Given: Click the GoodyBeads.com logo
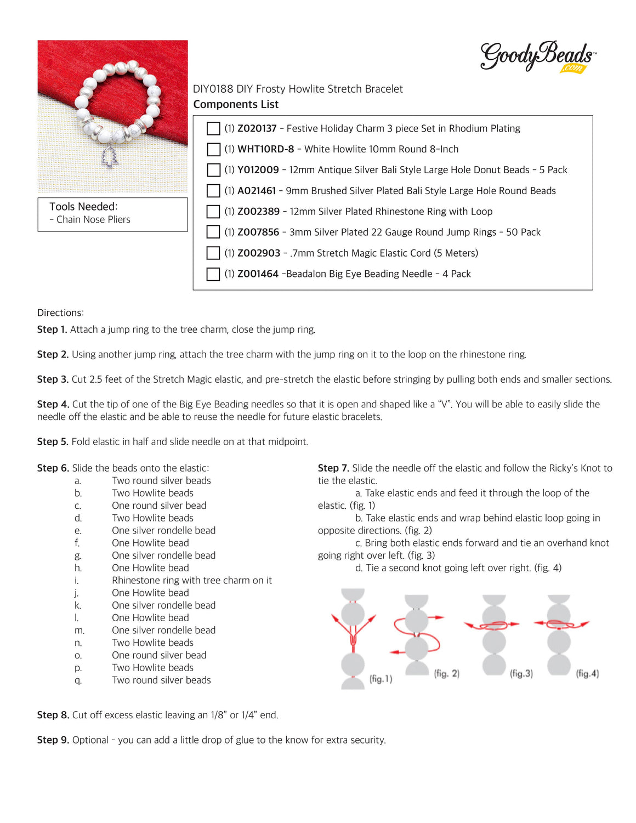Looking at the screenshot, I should coord(537,57).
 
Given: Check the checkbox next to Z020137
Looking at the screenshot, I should coord(213,128).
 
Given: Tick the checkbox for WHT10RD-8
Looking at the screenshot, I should coord(213,149).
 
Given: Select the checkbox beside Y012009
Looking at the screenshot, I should coord(213,170).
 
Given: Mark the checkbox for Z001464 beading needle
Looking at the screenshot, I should coord(213,274).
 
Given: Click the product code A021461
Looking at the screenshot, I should coord(257,191).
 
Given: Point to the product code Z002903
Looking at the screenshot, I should coord(259,253).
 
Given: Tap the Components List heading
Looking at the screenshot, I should coord(236,104).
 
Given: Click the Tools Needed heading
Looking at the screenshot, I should coord(83,207).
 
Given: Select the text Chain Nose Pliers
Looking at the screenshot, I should coord(93,220).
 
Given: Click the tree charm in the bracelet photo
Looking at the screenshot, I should coord(111,157).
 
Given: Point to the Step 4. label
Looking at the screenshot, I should coord(53,404).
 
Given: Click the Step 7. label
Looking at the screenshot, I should coord(333,468).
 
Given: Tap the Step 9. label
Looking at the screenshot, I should coord(53,740).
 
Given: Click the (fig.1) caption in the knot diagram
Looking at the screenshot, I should coord(381,679).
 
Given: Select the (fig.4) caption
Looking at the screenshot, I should coord(587,673).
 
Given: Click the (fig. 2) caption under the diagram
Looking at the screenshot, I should coord(447,673).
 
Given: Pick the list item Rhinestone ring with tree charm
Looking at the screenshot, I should coord(191,580).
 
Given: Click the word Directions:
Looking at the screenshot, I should coord(60,313).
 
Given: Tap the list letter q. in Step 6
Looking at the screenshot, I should coord(78,680).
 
